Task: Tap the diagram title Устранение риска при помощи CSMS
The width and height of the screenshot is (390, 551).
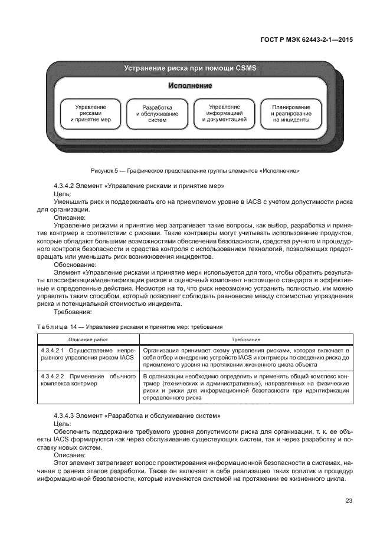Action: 190,68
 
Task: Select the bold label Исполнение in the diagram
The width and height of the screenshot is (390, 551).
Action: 190,86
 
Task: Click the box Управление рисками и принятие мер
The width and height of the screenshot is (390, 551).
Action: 90,113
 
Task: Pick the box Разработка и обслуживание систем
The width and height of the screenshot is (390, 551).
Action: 157,113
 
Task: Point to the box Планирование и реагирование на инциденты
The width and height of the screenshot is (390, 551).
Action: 291,113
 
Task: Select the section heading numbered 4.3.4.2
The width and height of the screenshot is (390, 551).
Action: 138,186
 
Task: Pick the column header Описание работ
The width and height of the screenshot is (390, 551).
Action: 88,339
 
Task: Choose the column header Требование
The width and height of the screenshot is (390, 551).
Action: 247,339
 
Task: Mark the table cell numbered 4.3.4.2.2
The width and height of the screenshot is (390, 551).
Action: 88,380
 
